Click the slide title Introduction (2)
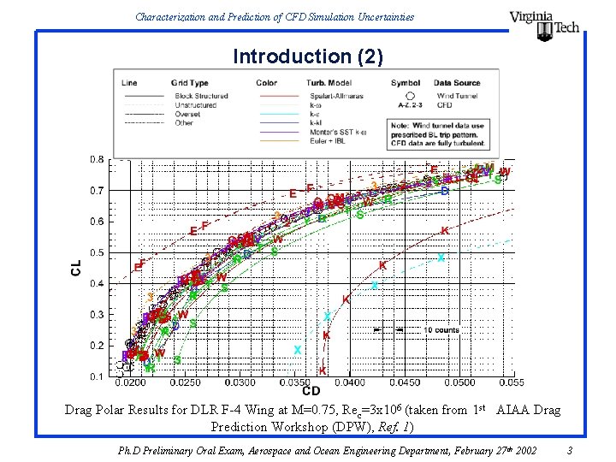pos(308,56)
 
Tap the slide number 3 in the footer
pos(570,450)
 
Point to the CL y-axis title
pos(76,268)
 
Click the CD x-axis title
pos(311,391)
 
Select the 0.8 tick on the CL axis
pos(98,160)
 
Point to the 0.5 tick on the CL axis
pos(98,252)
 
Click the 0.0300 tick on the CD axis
pos(240,382)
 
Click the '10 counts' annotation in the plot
pos(441,329)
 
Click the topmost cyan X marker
pos(441,258)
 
